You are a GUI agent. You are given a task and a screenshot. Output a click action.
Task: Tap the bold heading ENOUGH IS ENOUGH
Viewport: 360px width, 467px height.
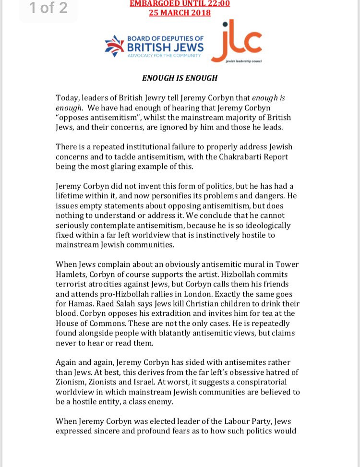coord(180,78)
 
